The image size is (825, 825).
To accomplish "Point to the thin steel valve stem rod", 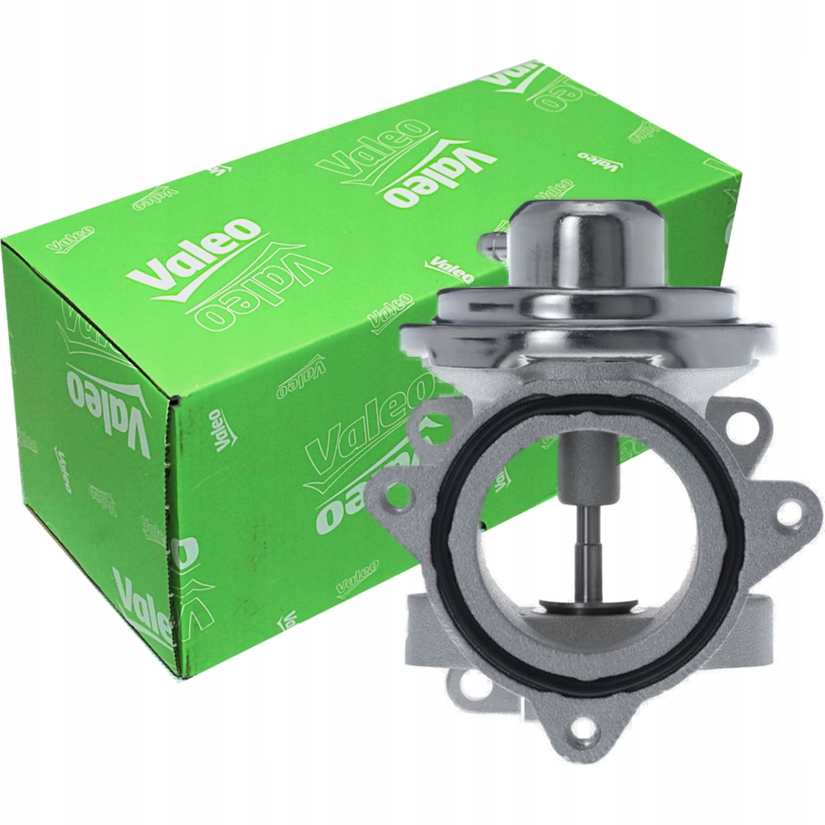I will point(583,549).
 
